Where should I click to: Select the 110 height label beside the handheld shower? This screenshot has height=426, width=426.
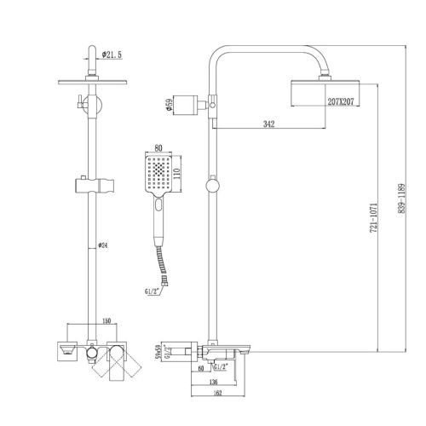coord(181,175)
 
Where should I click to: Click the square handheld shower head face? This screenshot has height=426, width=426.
coord(158,174)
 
